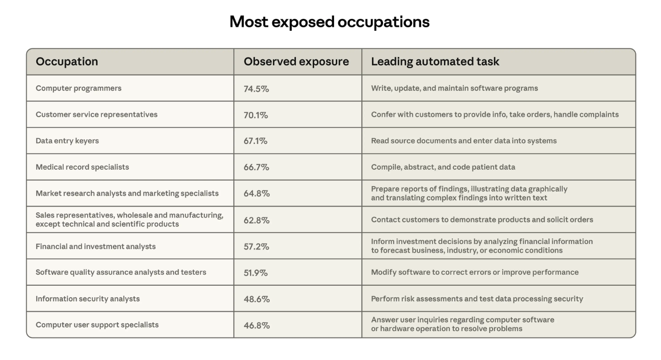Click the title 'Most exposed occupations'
click(329, 22)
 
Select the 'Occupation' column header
click(67, 61)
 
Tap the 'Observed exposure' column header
click(296, 61)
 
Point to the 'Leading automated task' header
click(435, 61)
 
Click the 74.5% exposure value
click(256, 89)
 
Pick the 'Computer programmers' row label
click(78, 88)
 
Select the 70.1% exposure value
click(256, 115)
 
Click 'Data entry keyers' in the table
click(67, 141)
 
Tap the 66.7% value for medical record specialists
click(256, 167)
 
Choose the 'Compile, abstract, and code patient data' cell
click(443, 167)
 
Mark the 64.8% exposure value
click(256, 194)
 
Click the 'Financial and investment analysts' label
click(95, 246)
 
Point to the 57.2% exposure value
click(256, 247)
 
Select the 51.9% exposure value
click(256, 273)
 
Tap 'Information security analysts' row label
click(88, 299)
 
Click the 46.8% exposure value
click(256, 326)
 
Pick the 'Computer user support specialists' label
click(97, 325)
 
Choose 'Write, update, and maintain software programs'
click(454, 88)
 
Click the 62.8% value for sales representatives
click(256, 220)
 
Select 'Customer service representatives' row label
click(96, 115)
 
